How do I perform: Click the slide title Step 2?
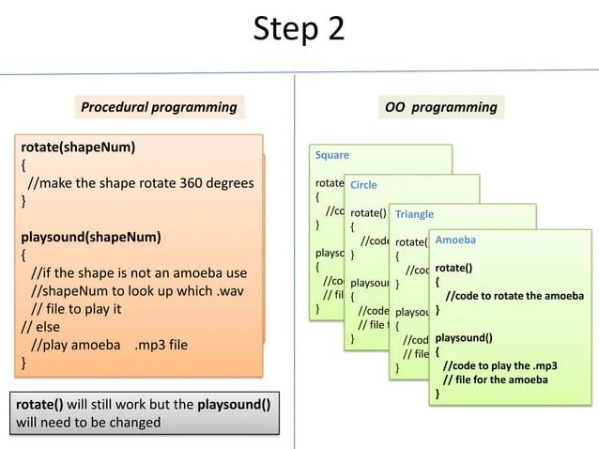point(299,30)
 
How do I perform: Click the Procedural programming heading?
point(159,107)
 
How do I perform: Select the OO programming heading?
point(440,107)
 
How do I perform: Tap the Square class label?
point(332,155)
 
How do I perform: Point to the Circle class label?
point(363,185)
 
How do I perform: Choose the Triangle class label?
point(414,214)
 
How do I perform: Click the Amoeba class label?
point(455,240)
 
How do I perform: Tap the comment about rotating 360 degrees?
point(141,183)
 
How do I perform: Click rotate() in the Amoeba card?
point(453,268)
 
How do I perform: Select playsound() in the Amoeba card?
point(463,336)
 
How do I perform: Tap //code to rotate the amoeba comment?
point(514,297)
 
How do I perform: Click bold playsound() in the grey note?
point(234,405)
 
